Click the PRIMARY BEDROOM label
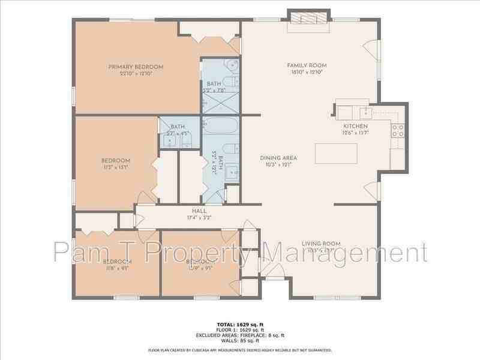click(136, 67)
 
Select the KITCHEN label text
click(355, 127)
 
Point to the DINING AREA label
click(278, 158)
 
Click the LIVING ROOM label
click(321, 244)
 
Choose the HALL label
click(199, 211)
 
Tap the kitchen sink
click(363, 111)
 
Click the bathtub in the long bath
click(221, 126)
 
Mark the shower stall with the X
click(220, 103)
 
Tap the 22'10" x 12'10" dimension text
click(136, 73)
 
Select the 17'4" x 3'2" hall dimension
click(199, 218)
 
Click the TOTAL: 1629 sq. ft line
click(240, 325)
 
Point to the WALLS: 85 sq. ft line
click(240, 341)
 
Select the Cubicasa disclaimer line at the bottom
click(240, 350)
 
